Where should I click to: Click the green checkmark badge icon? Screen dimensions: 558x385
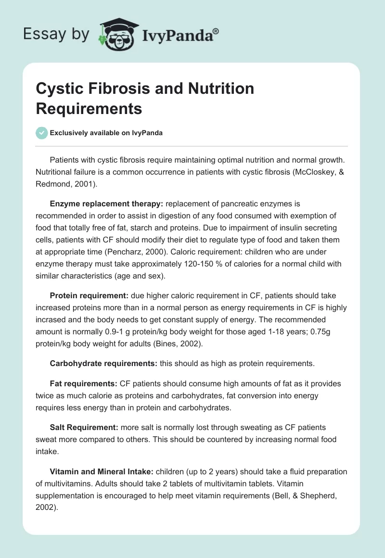[x=42, y=133]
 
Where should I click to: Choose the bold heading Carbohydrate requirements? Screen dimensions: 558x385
[x=103, y=364]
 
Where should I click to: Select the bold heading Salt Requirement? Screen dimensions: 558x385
[x=84, y=427]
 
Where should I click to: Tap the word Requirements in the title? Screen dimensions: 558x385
[x=89, y=108]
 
